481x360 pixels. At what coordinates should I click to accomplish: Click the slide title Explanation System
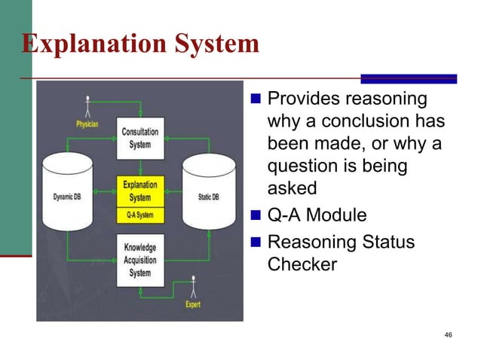pyautogui.click(x=140, y=44)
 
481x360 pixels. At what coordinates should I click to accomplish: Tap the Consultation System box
pyautogui.click(x=140, y=137)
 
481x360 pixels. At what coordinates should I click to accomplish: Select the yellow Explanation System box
pyautogui.click(x=140, y=191)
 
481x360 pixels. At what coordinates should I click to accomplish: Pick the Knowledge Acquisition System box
pyautogui.click(x=140, y=260)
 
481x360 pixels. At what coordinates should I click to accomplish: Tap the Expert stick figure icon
pyautogui.click(x=193, y=287)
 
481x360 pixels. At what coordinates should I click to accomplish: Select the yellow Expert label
pyautogui.click(x=193, y=305)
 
